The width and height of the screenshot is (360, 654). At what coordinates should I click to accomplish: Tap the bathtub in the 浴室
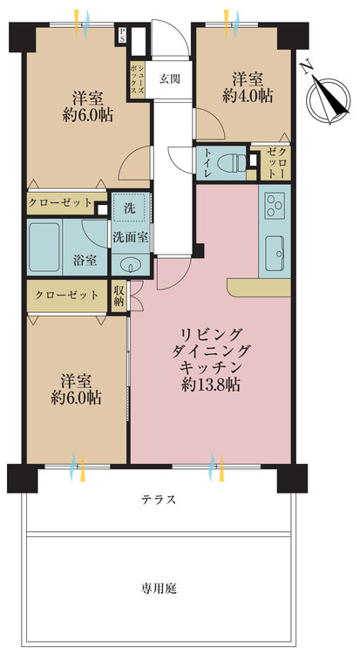coord(44,248)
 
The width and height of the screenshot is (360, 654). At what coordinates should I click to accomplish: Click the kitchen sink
coord(274,254)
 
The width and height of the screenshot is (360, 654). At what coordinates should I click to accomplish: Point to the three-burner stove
coord(275,206)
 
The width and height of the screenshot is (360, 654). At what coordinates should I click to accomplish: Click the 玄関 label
coord(170,78)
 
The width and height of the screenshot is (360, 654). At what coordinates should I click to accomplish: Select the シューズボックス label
coord(138,79)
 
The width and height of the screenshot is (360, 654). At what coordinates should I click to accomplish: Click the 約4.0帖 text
coord(248,97)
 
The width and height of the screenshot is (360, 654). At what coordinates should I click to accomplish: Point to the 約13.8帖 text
coord(211,385)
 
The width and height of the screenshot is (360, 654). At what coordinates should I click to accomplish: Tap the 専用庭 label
coord(158,589)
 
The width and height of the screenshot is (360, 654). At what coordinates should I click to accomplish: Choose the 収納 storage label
coord(119,296)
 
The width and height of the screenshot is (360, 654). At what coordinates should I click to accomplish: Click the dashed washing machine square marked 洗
coord(130,208)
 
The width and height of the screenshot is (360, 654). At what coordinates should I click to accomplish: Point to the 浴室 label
coord(85,260)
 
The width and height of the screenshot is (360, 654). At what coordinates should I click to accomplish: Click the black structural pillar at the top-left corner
coord(24,37)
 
